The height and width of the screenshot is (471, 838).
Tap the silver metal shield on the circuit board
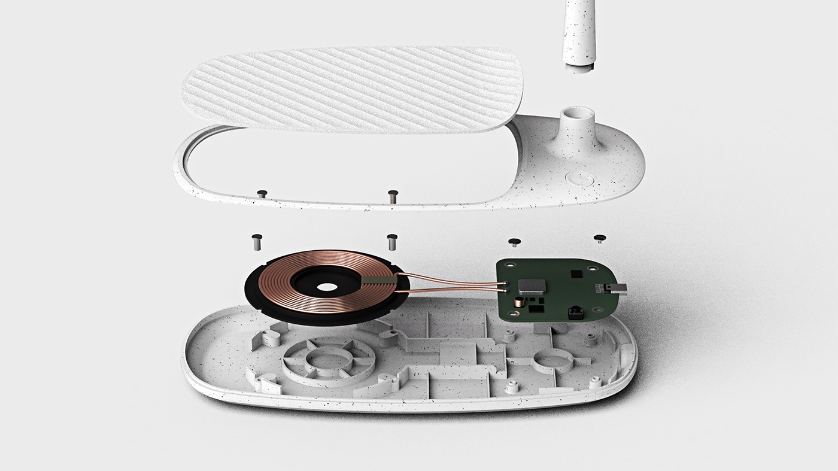click(532, 285)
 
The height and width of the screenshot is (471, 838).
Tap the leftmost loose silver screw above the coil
click(256, 242)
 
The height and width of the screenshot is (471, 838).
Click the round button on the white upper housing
click(579, 179)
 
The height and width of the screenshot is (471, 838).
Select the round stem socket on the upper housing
click(575, 114)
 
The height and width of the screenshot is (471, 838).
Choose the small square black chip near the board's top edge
click(575, 273)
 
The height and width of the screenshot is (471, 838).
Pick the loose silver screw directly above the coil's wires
click(392, 242)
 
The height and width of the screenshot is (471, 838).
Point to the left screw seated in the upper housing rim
click(262, 193)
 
